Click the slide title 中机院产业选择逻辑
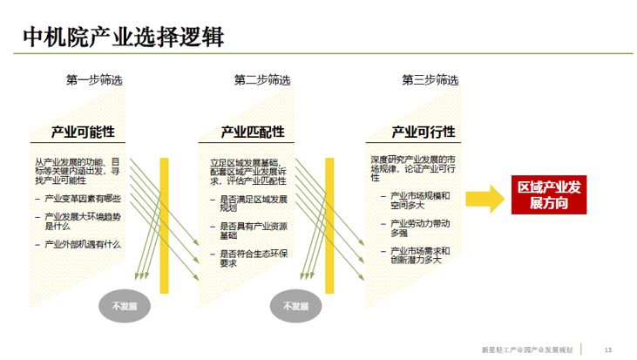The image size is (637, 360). click(123, 37)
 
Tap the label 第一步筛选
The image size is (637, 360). click(94, 79)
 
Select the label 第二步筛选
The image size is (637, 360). click(262, 79)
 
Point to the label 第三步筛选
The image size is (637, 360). click(430, 79)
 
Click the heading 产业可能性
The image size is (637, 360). click(83, 132)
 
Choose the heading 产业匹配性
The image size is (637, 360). click(253, 132)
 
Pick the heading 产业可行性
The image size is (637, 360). click(424, 132)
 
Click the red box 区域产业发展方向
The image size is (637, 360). click(549, 194)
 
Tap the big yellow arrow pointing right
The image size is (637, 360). click(485, 199)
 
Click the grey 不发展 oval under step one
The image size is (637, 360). click(125, 306)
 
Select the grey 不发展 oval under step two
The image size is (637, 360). click(295, 306)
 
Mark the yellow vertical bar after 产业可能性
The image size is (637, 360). click(164, 226)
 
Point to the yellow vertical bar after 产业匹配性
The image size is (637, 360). click(329, 226)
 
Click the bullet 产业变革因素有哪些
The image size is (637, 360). click(83, 199)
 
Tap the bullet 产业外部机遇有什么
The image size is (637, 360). click(83, 244)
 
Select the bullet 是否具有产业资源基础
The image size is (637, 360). click(254, 231)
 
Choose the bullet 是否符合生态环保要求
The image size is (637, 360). click(254, 258)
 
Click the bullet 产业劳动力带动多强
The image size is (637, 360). click(420, 228)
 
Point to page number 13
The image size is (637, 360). click(608, 350)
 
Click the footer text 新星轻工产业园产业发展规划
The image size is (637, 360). click(527, 350)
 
